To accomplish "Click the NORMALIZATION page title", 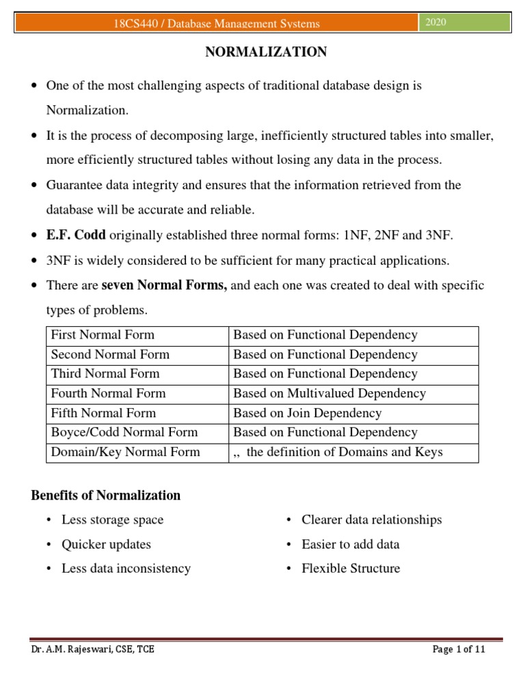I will pos(267,52).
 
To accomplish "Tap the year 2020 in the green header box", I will pos(435,23).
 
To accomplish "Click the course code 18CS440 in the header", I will pos(134,24).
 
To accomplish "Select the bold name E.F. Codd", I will pos(75,236).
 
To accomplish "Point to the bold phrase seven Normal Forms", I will pos(164,285).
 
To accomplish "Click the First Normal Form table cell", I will pos(103,335).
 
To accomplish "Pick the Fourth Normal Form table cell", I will pos(108,393).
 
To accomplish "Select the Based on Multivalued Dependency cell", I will pos(329,393).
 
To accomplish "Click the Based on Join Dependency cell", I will pos(308,413).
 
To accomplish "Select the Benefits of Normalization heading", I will pos(106,496).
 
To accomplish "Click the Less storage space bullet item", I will pos(112,520).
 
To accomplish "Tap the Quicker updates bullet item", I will pos(106,545).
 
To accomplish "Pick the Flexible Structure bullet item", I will pos(351,569).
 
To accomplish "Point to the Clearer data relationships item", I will pos(371,520).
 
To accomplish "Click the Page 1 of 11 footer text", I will pos(459,650).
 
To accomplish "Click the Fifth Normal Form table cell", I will pos(103,413).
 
